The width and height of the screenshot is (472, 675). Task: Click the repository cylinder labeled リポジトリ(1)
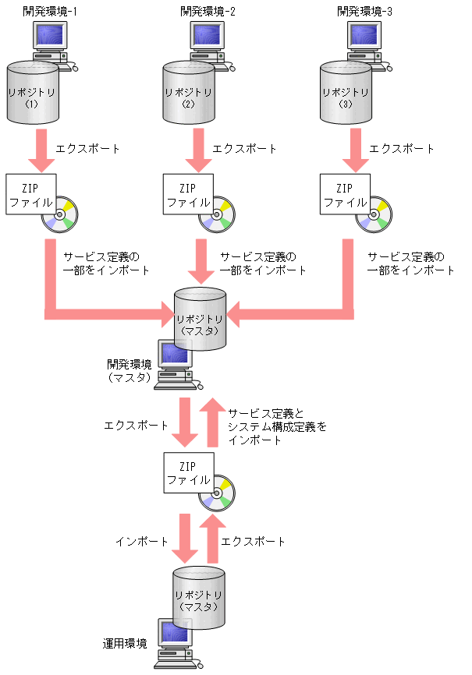(33, 94)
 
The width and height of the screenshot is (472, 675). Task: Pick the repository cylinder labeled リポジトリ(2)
(190, 94)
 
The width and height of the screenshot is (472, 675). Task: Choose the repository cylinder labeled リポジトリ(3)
(347, 94)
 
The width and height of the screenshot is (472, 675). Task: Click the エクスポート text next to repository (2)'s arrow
(244, 148)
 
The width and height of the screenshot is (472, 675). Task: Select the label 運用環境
(125, 643)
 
